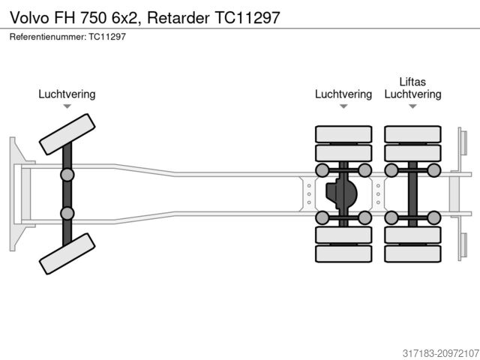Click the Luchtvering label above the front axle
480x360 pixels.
(x=67, y=94)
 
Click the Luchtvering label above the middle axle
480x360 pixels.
(x=343, y=94)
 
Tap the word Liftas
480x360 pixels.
(x=412, y=81)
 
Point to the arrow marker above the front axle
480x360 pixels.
(x=67, y=106)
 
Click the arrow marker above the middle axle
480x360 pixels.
(x=343, y=106)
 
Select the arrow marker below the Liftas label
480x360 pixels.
(x=412, y=106)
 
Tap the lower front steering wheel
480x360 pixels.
(x=67, y=253)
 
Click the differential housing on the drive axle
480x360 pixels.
(x=341, y=193)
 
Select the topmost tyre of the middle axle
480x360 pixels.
(x=343, y=134)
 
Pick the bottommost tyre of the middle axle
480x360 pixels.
(x=343, y=253)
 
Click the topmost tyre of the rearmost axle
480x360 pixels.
(x=412, y=134)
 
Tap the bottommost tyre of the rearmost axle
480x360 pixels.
(x=412, y=253)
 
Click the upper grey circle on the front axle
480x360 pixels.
(x=67, y=175)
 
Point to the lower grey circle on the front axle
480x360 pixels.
(x=67, y=213)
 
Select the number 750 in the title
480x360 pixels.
(x=94, y=16)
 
